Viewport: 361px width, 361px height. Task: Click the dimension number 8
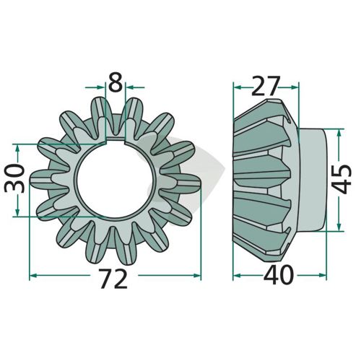[116, 83]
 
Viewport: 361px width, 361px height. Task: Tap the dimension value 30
[15, 178]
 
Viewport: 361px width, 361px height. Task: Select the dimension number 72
[113, 279]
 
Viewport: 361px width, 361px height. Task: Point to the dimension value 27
[266, 86]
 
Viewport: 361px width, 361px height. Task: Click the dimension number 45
[342, 179]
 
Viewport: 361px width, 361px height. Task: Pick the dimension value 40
[279, 274]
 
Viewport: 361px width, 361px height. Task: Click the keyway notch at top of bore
[116, 142]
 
